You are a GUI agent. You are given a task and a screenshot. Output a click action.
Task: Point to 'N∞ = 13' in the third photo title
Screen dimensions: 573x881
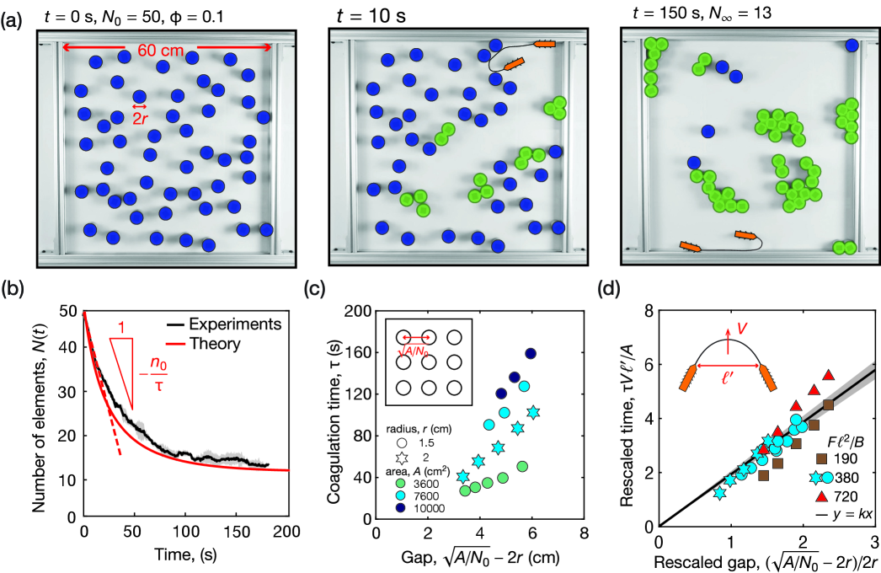tap(756, 13)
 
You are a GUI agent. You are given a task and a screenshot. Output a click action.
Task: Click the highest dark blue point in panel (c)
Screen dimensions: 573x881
tap(531, 353)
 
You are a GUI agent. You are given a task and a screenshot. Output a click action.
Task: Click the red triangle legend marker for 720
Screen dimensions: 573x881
tap(821, 494)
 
